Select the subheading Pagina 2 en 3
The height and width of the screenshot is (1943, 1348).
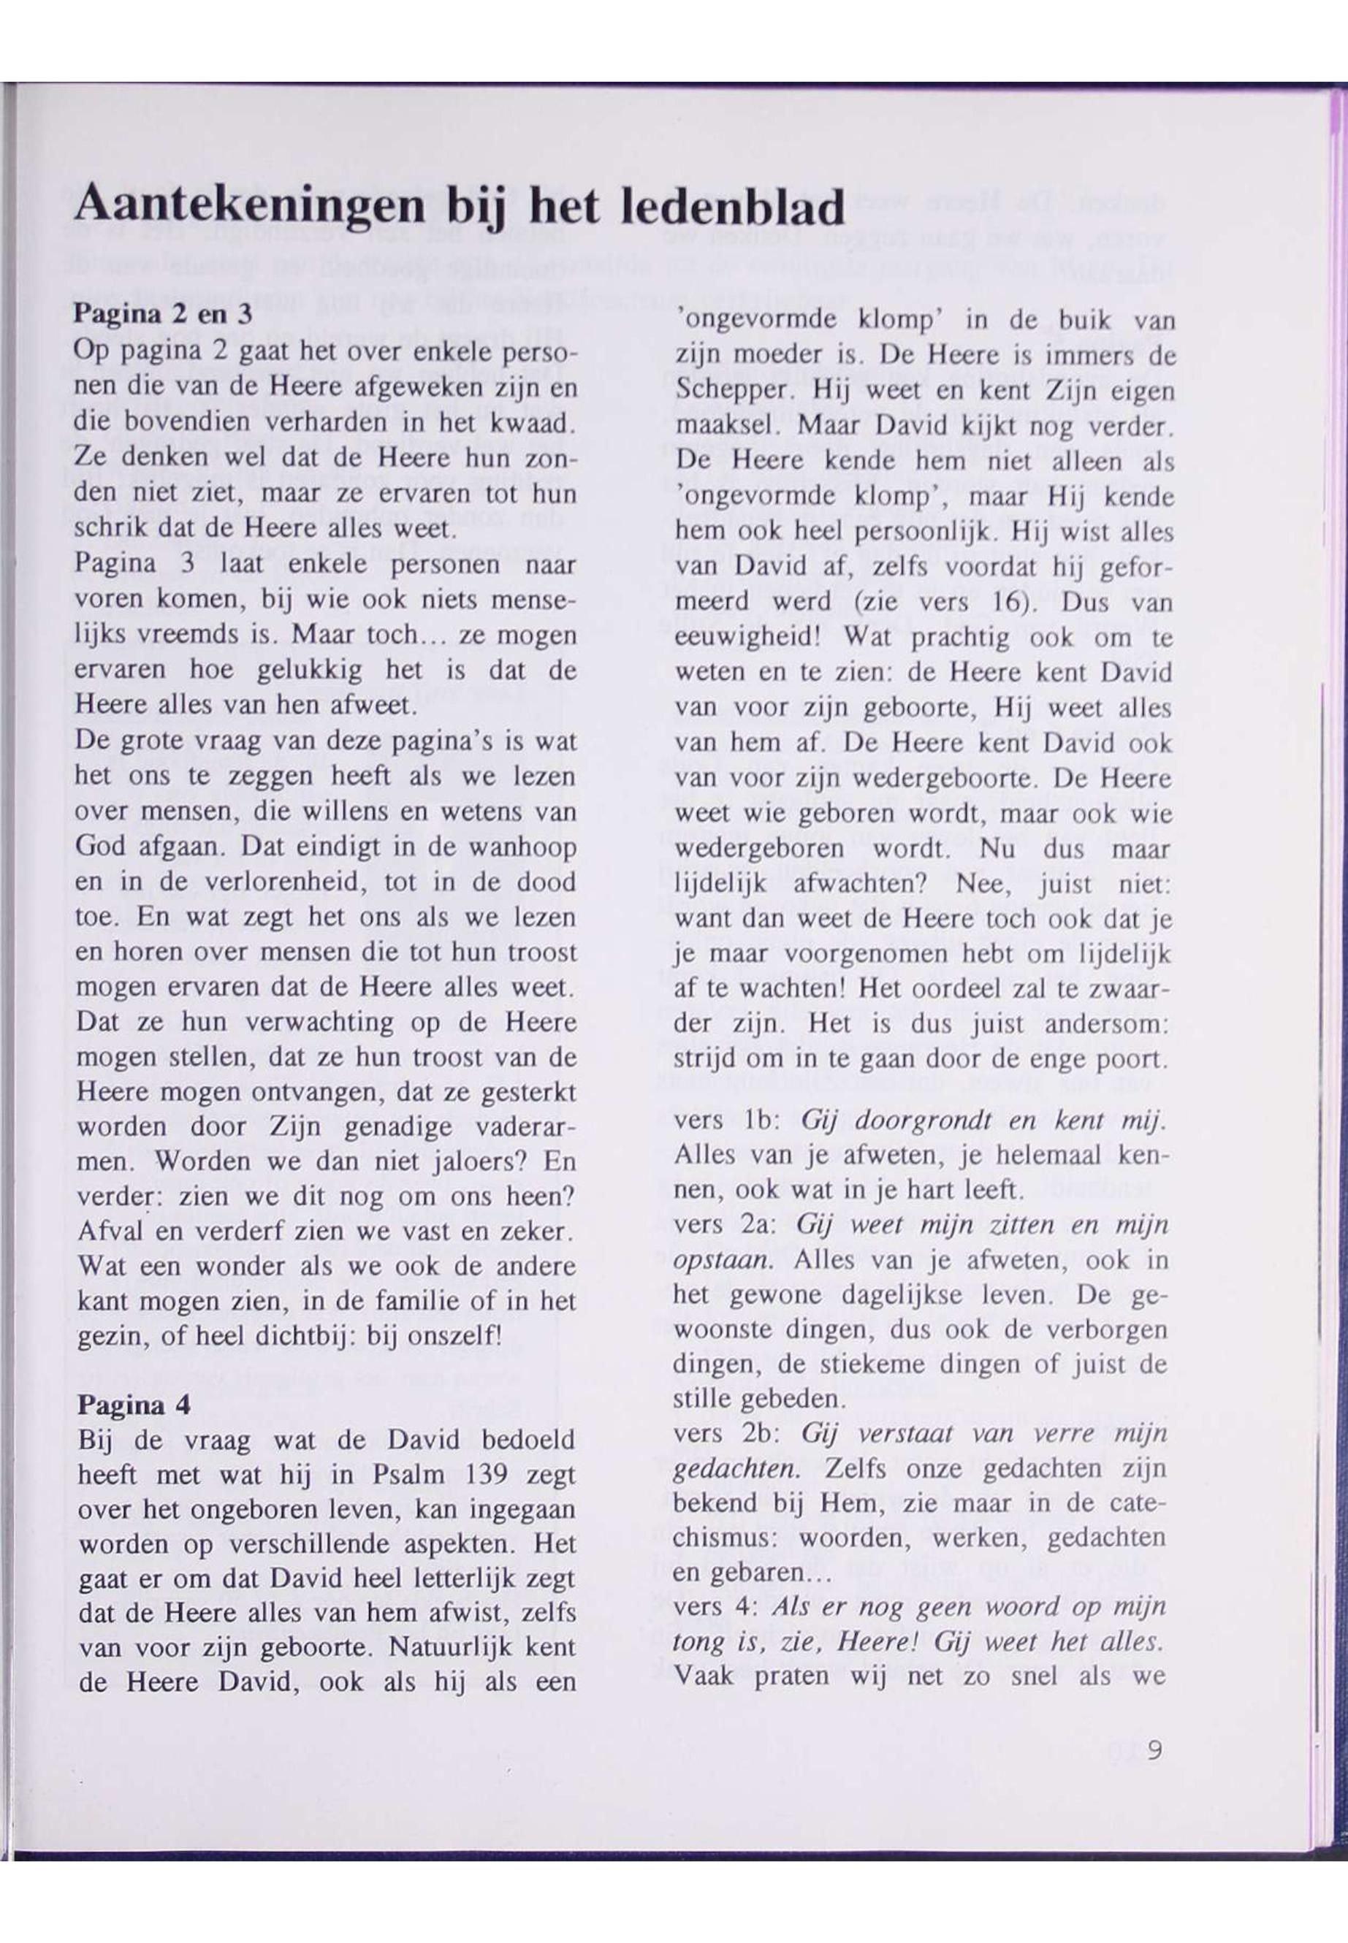point(164,315)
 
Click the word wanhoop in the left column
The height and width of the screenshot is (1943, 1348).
point(524,847)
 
